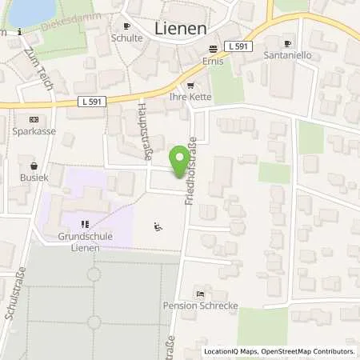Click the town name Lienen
pos(180,29)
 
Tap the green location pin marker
pos(182,160)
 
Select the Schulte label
pos(126,37)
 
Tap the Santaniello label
pos(287,56)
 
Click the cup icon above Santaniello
pos(288,43)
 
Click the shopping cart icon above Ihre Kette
pos(190,86)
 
